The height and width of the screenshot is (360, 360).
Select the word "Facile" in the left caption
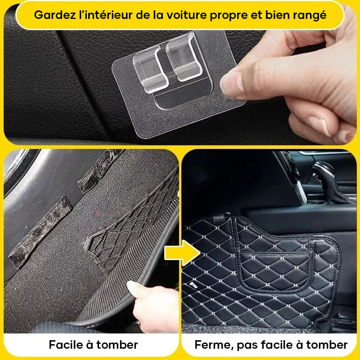tap(66, 345)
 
